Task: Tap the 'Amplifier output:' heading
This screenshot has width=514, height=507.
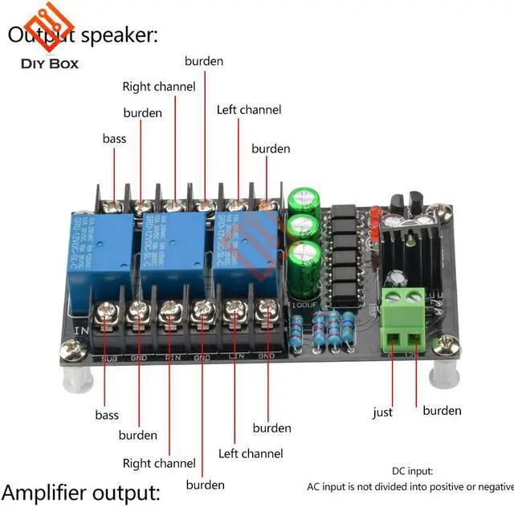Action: [81, 491]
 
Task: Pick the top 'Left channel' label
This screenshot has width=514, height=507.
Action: [249, 109]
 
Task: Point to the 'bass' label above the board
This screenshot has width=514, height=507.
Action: [114, 138]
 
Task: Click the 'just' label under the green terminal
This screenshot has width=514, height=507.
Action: [383, 412]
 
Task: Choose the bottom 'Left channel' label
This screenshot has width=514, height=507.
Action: [251, 453]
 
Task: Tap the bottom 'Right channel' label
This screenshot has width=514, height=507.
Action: [159, 463]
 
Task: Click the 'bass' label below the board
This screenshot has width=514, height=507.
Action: [107, 415]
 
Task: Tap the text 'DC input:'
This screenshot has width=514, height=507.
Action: [412, 471]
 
